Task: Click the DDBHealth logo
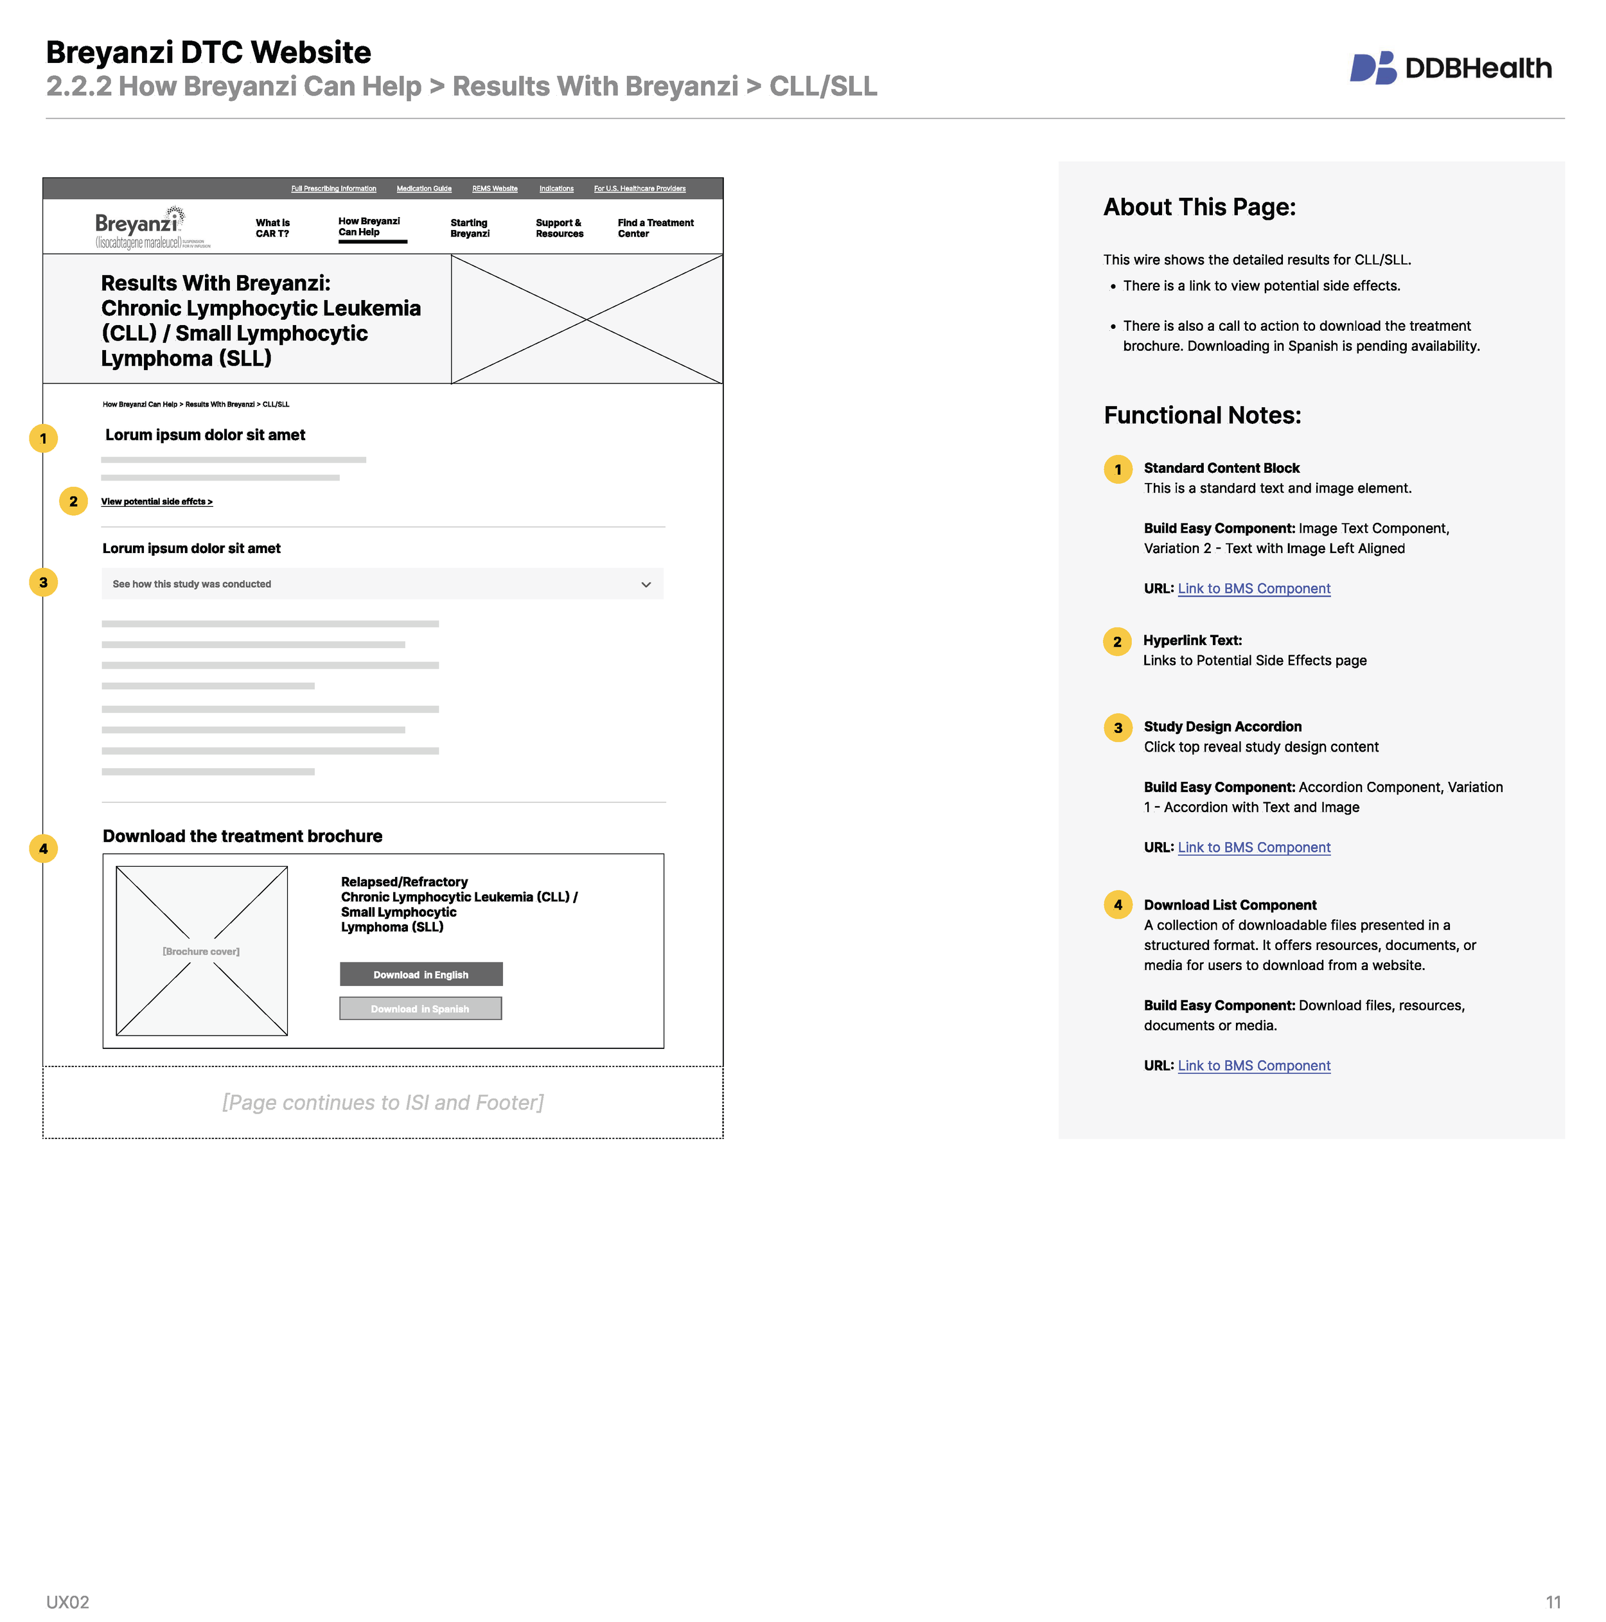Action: point(1450,68)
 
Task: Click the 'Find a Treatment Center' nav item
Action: point(655,228)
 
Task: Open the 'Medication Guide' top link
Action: point(424,189)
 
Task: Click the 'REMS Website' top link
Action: point(495,189)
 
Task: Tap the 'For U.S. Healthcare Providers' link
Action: point(639,189)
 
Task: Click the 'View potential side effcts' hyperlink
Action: point(156,502)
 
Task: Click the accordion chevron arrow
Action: point(646,585)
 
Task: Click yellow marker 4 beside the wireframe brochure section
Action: point(44,849)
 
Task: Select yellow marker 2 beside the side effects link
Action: point(74,501)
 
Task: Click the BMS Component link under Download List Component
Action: point(1253,1066)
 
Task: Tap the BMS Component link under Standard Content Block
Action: point(1253,589)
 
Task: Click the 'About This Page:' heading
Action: point(1199,207)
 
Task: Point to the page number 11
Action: point(1552,1602)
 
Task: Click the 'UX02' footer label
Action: point(67,1602)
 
